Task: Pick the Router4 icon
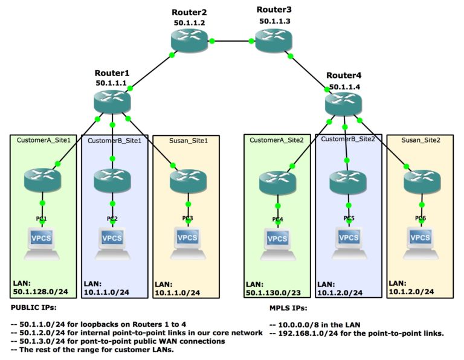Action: [343, 104]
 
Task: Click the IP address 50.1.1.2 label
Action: [189, 22]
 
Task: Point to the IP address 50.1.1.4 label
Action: [344, 86]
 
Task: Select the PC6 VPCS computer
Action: [420, 240]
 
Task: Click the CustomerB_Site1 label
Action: [115, 141]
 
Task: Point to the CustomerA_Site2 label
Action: [277, 140]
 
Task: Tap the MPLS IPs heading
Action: [280, 307]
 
